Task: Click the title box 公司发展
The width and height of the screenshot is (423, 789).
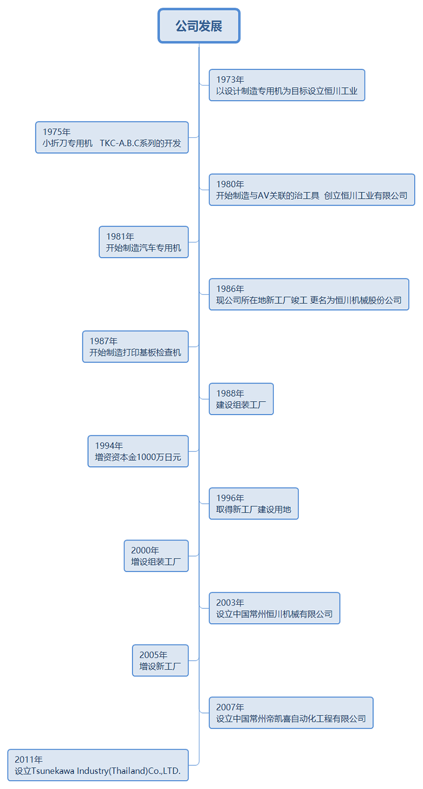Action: pyautogui.click(x=199, y=26)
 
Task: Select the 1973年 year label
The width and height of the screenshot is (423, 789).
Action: pyautogui.click(x=230, y=80)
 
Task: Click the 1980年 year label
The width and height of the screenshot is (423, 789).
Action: pyautogui.click(x=230, y=184)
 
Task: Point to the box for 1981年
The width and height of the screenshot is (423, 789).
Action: pyautogui.click(x=143, y=242)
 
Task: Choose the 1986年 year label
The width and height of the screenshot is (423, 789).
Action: pyautogui.click(x=230, y=289)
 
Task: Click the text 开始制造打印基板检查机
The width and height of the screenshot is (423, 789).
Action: pyautogui.click(x=135, y=353)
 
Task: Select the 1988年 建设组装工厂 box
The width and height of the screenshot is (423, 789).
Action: pyautogui.click(x=241, y=399)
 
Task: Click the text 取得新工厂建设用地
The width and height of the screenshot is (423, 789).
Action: pyautogui.click(x=254, y=510)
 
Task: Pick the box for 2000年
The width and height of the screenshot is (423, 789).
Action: pyautogui.click(x=156, y=556)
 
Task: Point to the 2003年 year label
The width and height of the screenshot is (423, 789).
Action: pyautogui.click(x=230, y=603)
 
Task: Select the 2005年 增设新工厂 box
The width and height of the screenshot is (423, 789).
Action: pyautogui.click(x=160, y=661)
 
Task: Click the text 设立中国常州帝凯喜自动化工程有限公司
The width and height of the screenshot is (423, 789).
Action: pyautogui.click(x=291, y=719)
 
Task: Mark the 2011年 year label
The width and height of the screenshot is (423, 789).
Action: pyautogui.click(x=29, y=760)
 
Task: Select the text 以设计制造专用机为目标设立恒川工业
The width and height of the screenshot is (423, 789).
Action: pyautogui.click(x=287, y=91)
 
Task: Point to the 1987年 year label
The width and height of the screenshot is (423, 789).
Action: pyautogui.click(x=104, y=341)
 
